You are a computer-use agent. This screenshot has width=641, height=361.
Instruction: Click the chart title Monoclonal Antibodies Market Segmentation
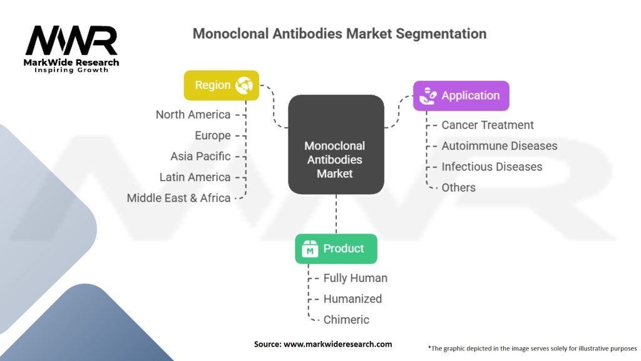(339, 33)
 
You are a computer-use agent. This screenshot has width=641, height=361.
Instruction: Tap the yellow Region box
(221, 85)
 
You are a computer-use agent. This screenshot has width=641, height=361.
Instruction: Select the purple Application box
(461, 96)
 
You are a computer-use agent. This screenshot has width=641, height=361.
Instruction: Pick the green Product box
(336, 249)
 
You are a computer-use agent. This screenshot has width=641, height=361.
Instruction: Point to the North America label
(193, 115)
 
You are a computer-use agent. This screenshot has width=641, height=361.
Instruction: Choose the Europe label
(213, 135)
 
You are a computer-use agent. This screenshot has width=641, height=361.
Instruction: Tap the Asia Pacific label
(200, 156)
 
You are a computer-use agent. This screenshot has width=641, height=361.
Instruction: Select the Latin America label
(195, 177)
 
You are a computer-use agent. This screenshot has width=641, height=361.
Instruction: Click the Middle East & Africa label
(178, 198)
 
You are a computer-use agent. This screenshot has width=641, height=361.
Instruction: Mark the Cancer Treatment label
(488, 125)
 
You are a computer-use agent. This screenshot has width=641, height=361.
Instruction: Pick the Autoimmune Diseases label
(499, 146)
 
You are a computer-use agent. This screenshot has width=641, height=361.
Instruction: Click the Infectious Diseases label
(491, 167)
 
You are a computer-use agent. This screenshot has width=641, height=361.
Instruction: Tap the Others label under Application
(458, 187)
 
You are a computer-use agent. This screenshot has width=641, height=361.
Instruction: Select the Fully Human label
(355, 278)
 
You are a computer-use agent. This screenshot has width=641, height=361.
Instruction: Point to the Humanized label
(352, 299)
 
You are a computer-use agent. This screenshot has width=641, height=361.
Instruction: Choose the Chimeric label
(346, 320)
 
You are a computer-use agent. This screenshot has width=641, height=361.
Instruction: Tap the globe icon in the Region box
(244, 85)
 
